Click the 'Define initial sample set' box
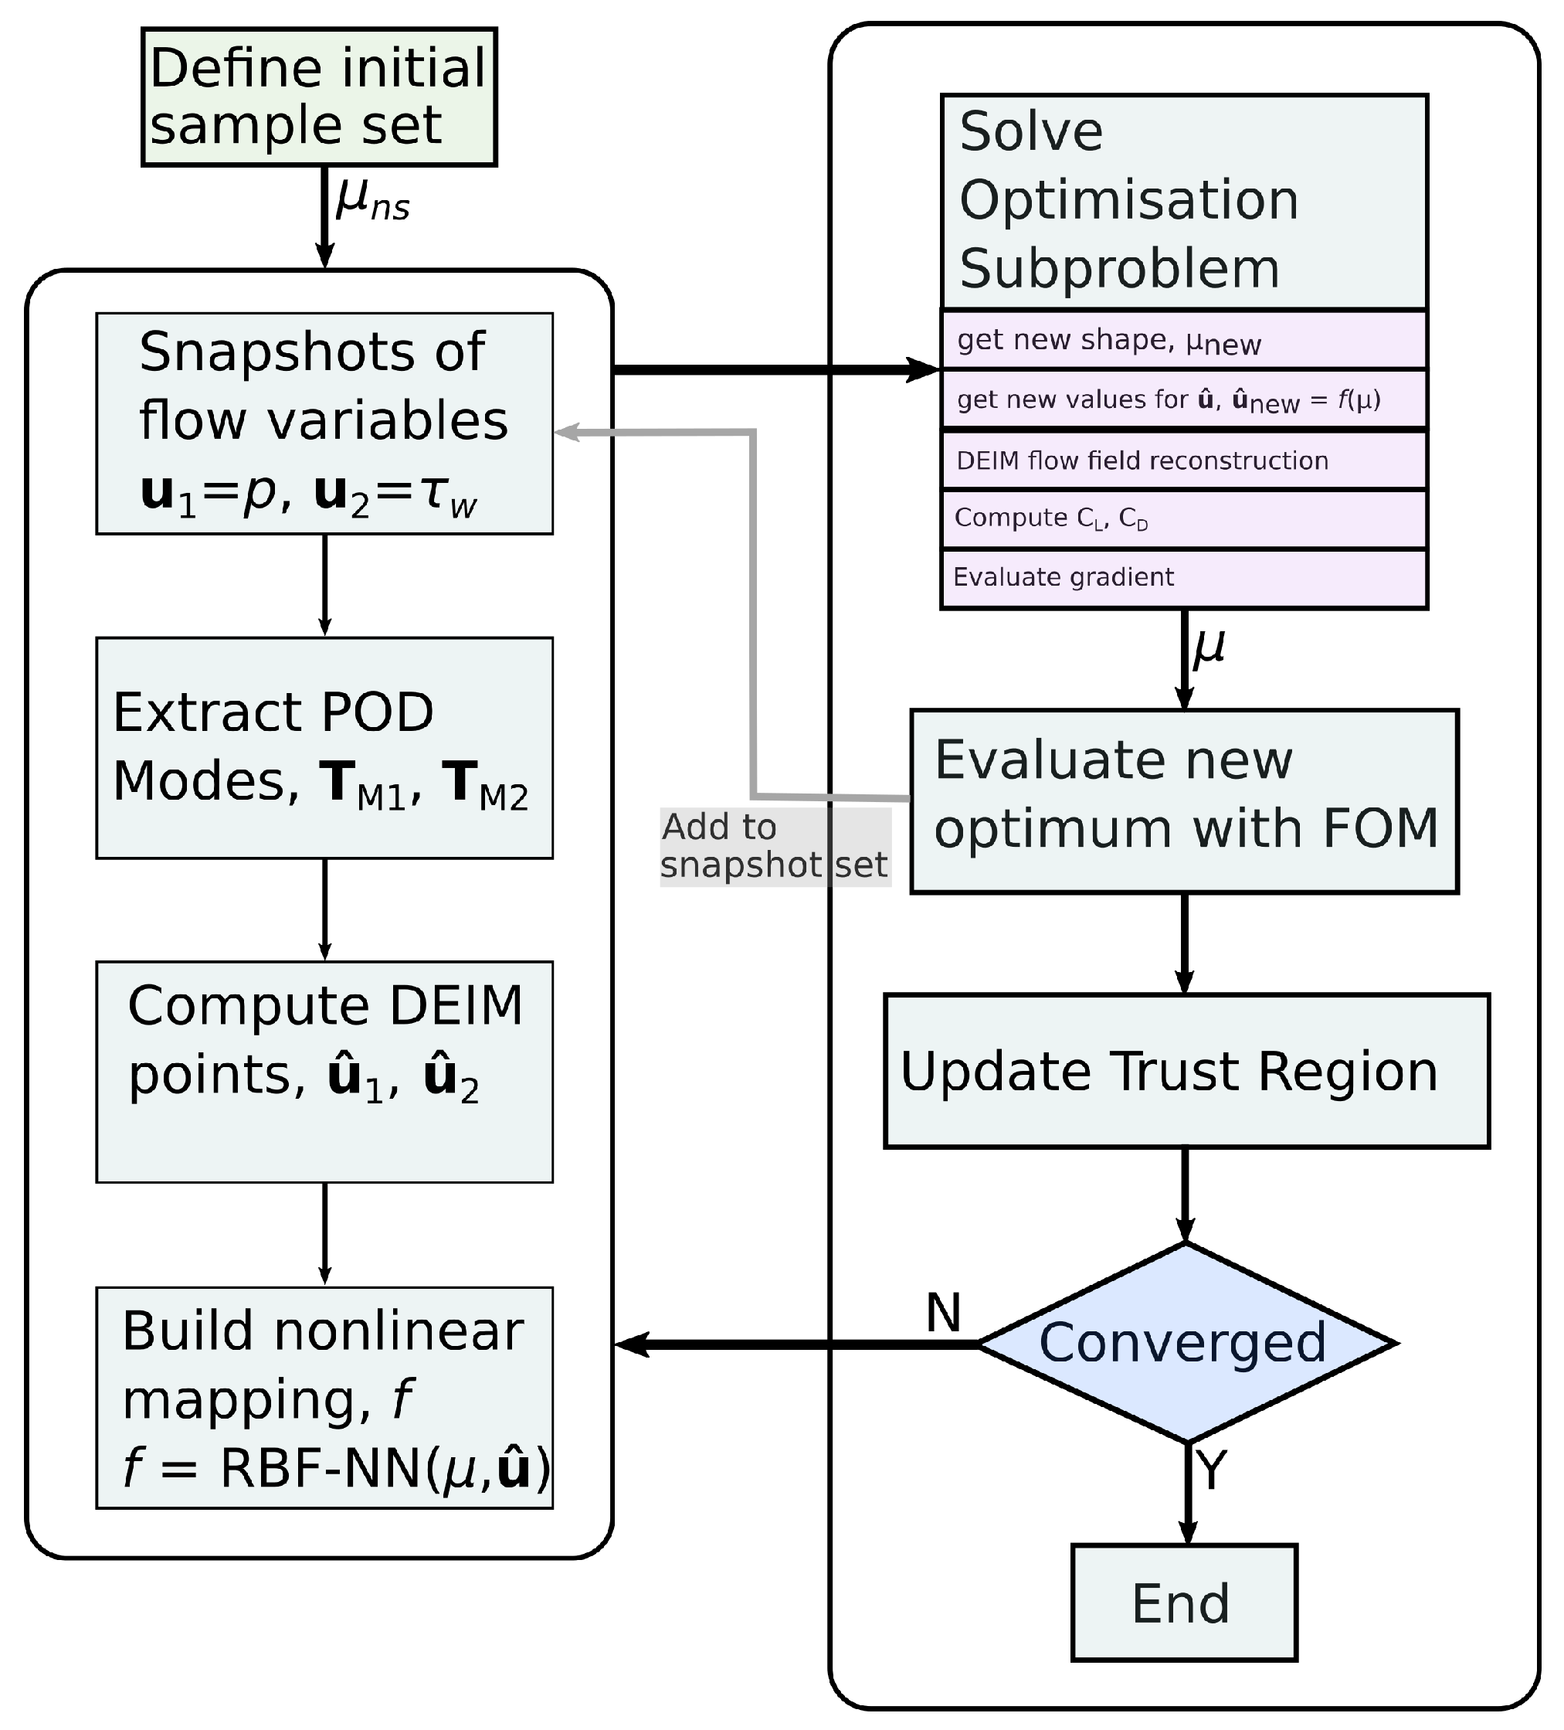pyautogui.click(x=318, y=97)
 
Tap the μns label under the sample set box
pyautogui.click(x=371, y=200)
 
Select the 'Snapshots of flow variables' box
pyautogui.click(x=324, y=423)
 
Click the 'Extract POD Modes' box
pyautogui.click(x=324, y=746)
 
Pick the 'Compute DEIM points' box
pyautogui.click(x=324, y=1071)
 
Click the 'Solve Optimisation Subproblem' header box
pyautogui.click(x=1183, y=202)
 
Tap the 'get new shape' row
pyautogui.click(x=1183, y=341)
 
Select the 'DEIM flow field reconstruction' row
pyautogui.click(x=1183, y=461)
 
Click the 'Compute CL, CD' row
pyautogui.click(x=1183, y=519)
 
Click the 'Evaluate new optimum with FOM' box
pyautogui.click(x=1183, y=801)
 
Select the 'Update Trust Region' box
pyautogui.click(x=1186, y=1071)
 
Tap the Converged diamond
pyautogui.click(x=1186, y=1343)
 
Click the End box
pyautogui.click(x=1183, y=1603)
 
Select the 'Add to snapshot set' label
pyautogui.click(x=774, y=847)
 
